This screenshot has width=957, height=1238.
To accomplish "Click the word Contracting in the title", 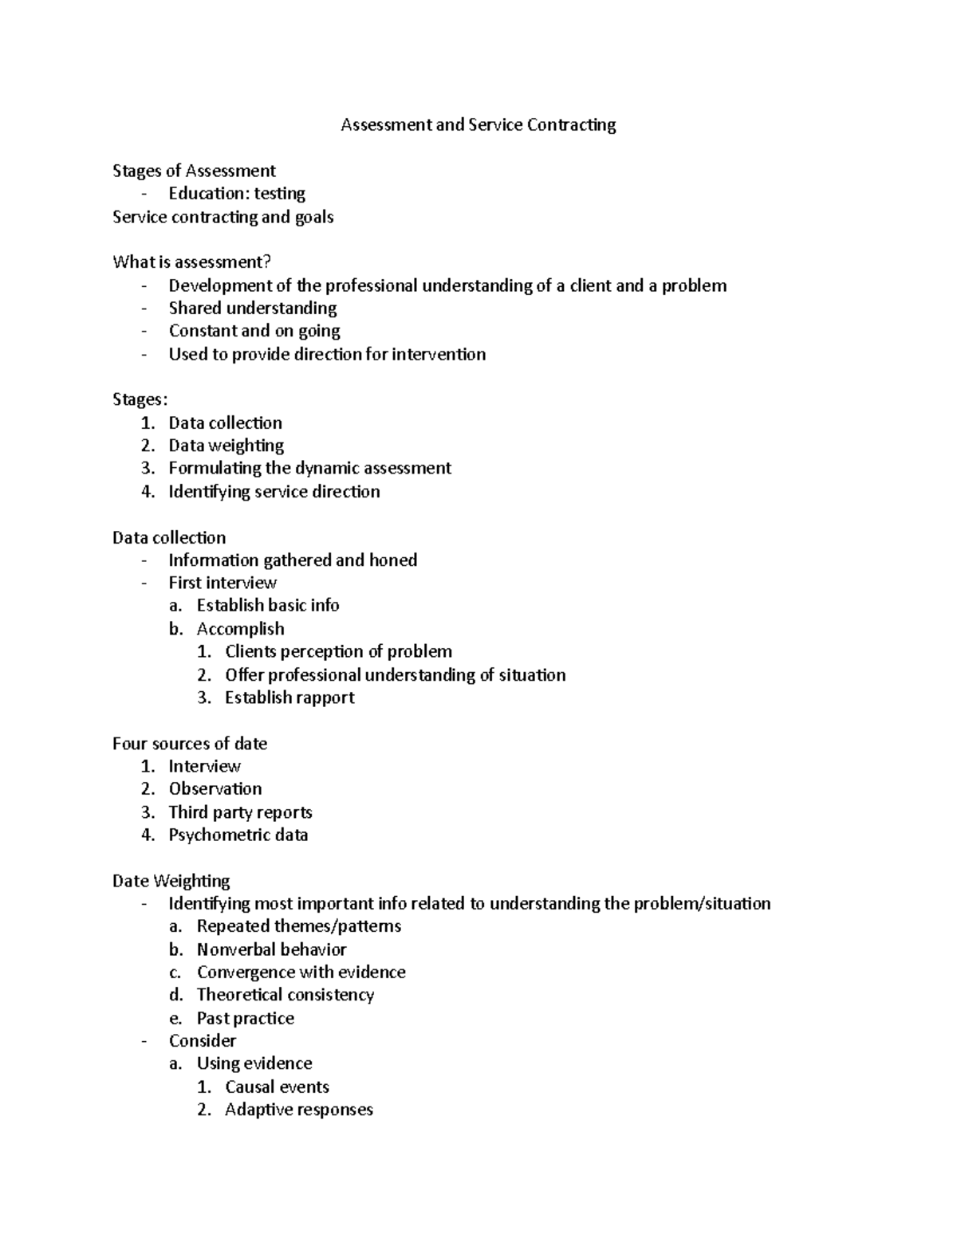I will [575, 125].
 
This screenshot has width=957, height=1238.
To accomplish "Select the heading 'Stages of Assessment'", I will [194, 171].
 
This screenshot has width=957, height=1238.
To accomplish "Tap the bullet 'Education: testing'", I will [237, 194].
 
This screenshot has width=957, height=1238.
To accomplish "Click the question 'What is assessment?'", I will [191, 262].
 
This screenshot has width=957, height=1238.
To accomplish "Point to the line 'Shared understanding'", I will [253, 309].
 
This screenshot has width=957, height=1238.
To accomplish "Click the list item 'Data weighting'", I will [226, 446].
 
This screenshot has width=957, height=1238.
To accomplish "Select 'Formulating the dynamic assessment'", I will [309, 468].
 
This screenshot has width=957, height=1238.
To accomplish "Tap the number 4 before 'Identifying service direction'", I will [148, 492].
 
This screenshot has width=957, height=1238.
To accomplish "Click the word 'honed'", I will [393, 560].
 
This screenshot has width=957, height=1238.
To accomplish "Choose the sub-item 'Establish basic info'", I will [268, 606].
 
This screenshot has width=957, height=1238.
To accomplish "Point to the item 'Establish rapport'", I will [289, 698].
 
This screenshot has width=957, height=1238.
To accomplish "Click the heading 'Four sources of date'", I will [190, 744].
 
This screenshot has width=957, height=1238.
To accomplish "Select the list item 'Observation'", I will [215, 789].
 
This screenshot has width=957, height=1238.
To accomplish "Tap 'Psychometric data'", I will [238, 835].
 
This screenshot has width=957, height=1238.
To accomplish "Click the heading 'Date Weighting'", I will [171, 881].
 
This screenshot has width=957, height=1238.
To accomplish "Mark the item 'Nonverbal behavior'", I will [271, 949].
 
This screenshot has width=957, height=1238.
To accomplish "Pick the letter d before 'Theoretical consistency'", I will [175, 995].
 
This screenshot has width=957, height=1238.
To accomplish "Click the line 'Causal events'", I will [277, 1087].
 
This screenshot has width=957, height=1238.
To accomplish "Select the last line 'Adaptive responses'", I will [298, 1110].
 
